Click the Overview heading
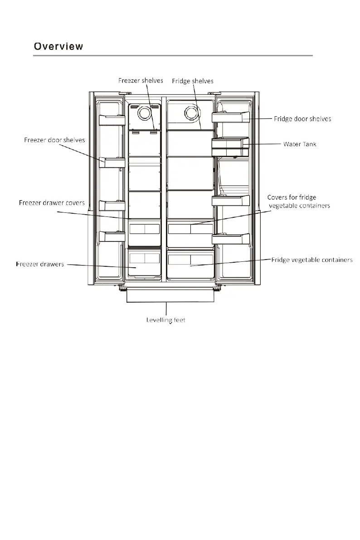58,46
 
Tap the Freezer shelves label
141,81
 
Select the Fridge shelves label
193,81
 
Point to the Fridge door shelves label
302,119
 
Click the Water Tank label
300,144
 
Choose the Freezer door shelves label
54,140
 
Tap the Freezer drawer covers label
52,202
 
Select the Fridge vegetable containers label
312,260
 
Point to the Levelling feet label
166,320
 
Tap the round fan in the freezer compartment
145,113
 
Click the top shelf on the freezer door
112,119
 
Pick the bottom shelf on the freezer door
112,236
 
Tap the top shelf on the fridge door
230,117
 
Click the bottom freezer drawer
145,264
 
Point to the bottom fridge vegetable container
190,265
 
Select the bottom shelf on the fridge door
230,238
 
